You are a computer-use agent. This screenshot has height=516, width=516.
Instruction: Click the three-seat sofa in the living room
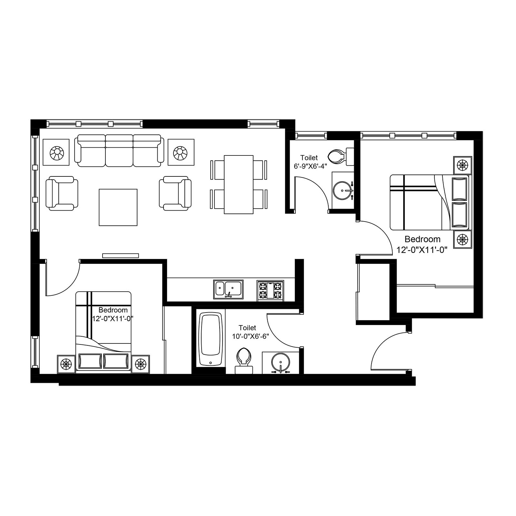coord(119,151)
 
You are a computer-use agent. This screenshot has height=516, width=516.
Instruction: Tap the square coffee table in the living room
coord(118,207)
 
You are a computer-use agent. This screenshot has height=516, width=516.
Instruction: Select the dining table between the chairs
coord(238,184)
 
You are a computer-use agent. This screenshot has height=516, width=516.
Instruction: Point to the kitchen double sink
coord(228,289)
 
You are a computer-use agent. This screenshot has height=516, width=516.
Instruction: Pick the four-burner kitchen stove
coord(270,291)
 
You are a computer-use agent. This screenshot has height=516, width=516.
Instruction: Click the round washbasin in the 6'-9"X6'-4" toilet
coord(343,191)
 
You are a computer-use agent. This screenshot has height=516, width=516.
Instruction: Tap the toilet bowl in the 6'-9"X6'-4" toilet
coord(337,157)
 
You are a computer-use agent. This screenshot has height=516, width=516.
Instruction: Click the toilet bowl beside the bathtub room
coord(243,358)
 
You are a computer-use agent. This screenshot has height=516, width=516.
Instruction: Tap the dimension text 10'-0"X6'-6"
coord(251,336)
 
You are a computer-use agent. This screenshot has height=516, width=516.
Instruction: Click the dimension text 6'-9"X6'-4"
coord(310,166)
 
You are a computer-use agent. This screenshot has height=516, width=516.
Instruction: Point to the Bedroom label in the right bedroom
coord(422,239)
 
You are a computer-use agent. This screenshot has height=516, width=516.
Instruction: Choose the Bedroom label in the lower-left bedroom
coord(113,310)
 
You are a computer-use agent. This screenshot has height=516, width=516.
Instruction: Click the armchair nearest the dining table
coord(175,193)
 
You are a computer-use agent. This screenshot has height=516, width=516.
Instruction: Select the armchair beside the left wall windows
coord(62,193)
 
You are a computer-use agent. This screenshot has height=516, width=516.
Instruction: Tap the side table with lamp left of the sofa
coord(56,152)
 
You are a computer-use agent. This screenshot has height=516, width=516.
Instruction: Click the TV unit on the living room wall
coord(121,255)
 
